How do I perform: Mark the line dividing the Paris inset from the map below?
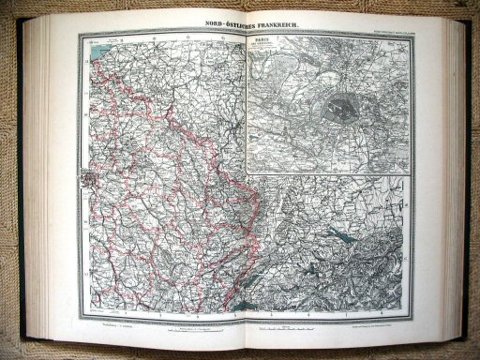[328, 174]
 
